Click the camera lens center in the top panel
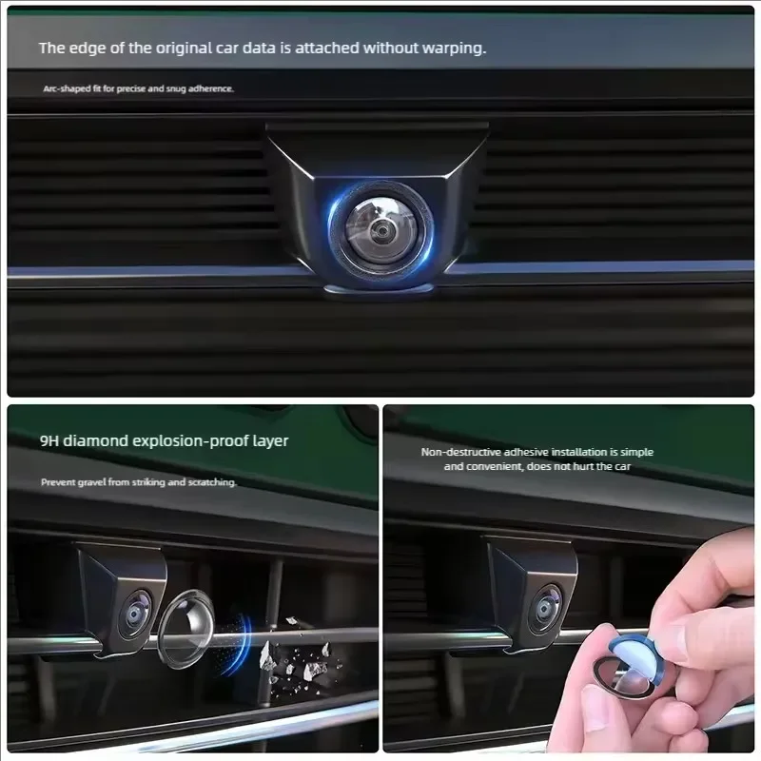[381, 229]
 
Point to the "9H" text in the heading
[49, 440]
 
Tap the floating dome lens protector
[186, 629]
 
